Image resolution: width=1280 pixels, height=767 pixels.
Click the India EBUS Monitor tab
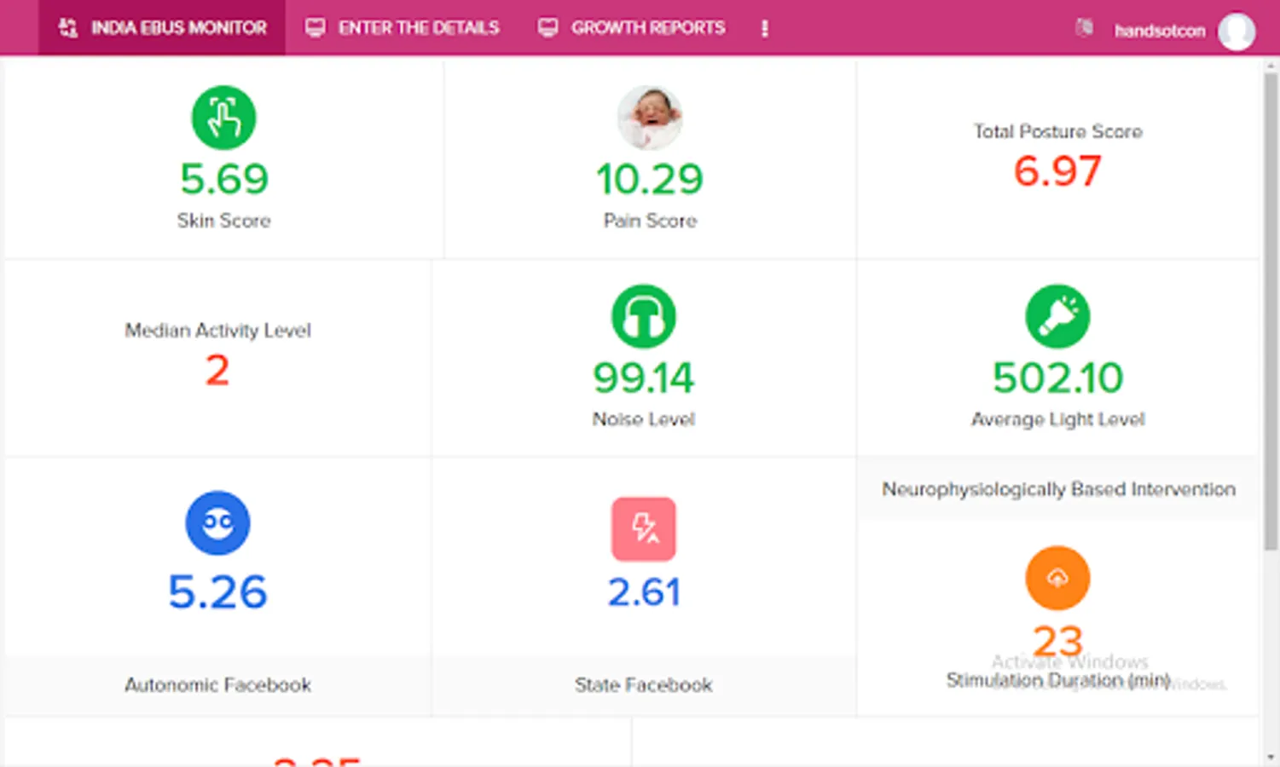pos(163,28)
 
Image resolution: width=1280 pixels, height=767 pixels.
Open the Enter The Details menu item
pos(403,28)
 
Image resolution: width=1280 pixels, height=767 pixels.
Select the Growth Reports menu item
pos(632,28)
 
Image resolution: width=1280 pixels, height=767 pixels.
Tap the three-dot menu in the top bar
pos(764,29)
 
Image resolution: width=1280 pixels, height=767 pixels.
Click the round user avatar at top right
pos(1236,32)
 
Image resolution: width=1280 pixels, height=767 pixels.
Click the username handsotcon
pos(1159,32)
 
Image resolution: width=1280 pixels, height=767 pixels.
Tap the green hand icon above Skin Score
pos(223,118)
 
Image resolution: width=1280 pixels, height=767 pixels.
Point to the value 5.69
pos(223,179)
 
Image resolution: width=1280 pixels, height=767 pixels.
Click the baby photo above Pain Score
pos(650,118)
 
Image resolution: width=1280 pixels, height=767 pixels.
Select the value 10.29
pos(650,179)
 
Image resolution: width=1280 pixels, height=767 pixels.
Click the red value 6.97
pos(1057,171)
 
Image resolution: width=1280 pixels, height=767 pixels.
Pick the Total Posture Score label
pos(1057,131)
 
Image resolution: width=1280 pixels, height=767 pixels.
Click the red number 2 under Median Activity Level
pos(217,371)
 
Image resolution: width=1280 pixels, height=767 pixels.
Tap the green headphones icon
pos(644,316)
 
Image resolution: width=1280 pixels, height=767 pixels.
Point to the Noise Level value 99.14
pos(644,378)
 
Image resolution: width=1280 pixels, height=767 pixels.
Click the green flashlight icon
pos(1057,316)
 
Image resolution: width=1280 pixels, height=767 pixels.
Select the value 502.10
pos(1057,378)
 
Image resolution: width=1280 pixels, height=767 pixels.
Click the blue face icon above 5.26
pos(217,522)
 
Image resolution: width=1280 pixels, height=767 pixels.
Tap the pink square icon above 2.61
pos(644,528)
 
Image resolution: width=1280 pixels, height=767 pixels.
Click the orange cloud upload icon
pos(1057,578)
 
